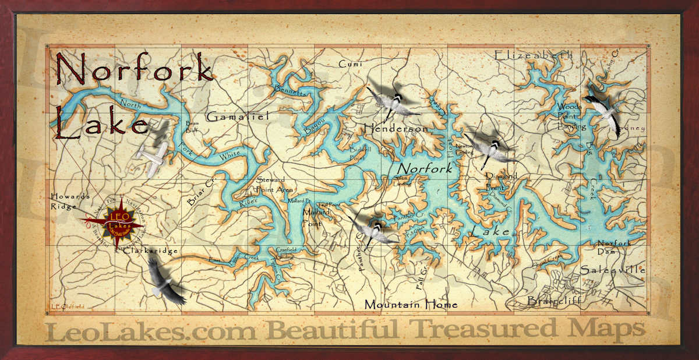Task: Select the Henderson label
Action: coord(396,128)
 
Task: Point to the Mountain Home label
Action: coord(411,304)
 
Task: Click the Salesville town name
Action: coord(612,270)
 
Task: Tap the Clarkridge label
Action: coord(150,250)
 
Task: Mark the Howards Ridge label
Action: coord(70,201)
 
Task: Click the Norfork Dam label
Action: coord(614,247)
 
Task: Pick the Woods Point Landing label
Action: coord(569,117)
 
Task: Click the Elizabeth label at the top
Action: coord(534,55)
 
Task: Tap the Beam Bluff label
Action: coord(192,127)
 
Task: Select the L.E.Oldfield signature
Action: coord(66,307)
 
